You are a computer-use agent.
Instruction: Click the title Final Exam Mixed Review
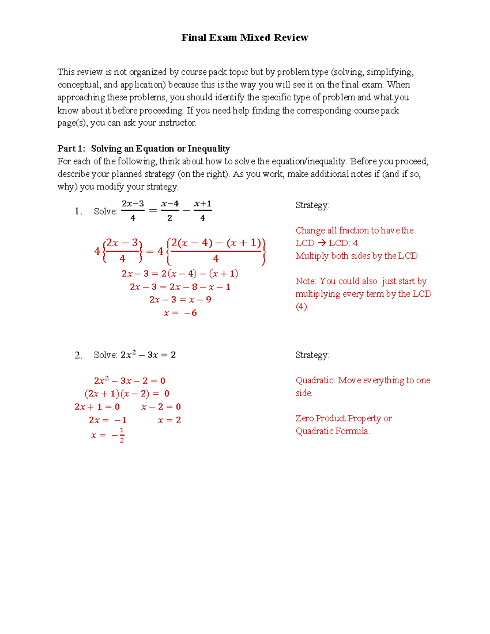(245, 38)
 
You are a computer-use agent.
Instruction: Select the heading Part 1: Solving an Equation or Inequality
(143, 149)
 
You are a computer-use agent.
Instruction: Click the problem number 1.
(78, 211)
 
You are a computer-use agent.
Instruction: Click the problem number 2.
(78, 356)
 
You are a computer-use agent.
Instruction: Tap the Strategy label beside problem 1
(312, 205)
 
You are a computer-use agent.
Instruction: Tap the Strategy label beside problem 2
(312, 355)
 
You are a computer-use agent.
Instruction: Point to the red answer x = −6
(180, 313)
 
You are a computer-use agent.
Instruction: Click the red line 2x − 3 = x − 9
(180, 300)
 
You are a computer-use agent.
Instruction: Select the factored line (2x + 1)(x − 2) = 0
(127, 394)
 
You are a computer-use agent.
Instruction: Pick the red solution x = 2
(169, 420)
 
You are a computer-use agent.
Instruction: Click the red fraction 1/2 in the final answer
(122, 435)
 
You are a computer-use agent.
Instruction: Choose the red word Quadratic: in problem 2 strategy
(315, 380)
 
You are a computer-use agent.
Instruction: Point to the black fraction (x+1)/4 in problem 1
(203, 211)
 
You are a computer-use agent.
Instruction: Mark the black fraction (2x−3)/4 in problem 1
(133, 211)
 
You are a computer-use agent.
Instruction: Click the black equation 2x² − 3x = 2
(148, 355)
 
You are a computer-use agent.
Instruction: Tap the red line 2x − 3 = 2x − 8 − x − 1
(180, 287)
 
